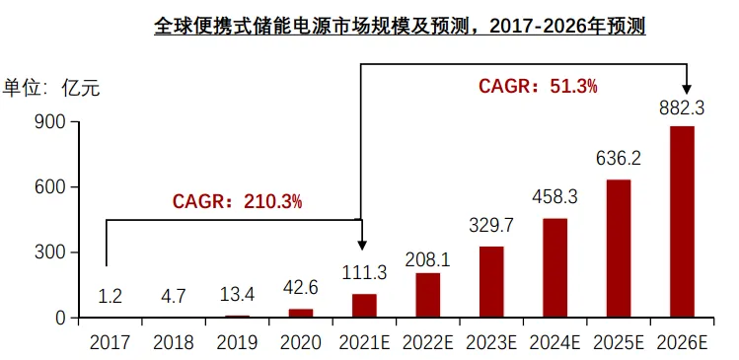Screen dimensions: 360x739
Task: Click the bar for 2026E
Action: point(682,222)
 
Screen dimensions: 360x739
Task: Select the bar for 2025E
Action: point(619,249)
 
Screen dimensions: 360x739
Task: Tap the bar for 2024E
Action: point(554,268)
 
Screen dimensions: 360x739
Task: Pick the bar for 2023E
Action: point(491,282)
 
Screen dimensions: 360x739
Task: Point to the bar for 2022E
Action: point(428,295)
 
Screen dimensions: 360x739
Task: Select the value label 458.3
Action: point(554,196)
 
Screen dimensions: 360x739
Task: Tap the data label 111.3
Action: point(364,273)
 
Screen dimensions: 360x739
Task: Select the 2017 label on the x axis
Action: point(111,343)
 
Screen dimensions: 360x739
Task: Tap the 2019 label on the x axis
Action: point(238,343)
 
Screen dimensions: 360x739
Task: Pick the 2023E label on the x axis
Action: point(491,343)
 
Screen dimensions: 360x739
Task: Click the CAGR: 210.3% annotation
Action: point(237,201)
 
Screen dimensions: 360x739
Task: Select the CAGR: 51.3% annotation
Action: point(538,86)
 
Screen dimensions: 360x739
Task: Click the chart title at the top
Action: point(400,26)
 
